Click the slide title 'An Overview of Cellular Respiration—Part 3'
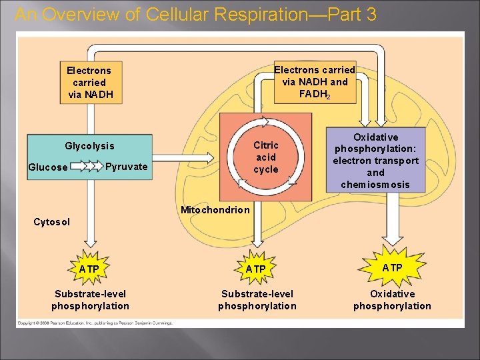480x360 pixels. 195,15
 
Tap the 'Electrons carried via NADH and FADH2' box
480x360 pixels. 315,82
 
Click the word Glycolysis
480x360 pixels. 89,146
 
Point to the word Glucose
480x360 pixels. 47,167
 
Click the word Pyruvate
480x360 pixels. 127,167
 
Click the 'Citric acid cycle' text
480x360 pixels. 266,157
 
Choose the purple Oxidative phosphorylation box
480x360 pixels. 376,160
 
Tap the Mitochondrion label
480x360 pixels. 215,210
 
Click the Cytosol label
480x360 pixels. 51,221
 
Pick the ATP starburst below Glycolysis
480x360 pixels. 89,269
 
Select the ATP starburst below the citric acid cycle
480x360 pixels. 256,269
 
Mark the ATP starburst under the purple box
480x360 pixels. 392,267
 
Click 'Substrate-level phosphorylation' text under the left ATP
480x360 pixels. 90,300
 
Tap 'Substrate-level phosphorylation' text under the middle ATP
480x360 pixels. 257,300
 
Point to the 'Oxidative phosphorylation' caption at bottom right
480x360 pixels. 392,300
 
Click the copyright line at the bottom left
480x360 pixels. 95,323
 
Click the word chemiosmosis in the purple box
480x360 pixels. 375,185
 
